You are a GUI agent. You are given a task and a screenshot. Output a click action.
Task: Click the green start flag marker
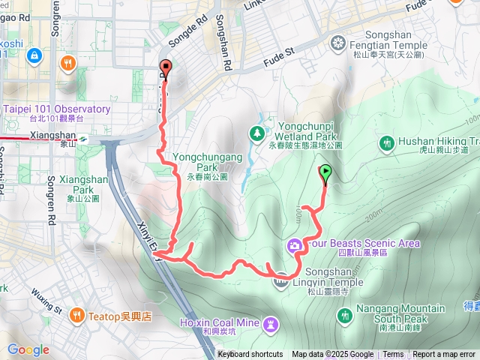[325, 175]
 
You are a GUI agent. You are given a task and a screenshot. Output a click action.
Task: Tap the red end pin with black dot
[165, 68]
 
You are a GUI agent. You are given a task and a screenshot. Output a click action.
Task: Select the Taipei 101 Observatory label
[57, 109]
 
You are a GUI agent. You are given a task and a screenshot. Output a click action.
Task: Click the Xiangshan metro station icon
[84, 138]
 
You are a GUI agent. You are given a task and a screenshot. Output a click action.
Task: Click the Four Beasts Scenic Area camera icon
[295, 244]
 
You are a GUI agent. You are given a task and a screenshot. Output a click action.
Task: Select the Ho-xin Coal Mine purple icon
[271, 322]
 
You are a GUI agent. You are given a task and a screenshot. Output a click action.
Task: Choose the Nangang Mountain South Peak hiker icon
[346, 316]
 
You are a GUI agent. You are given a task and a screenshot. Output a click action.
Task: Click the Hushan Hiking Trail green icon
[387, 142]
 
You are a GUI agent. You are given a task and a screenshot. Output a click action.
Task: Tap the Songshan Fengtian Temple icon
[340, 41]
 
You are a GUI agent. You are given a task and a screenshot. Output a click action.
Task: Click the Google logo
[28, 349]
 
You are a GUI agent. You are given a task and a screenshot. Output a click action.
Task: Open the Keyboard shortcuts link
[250, 355]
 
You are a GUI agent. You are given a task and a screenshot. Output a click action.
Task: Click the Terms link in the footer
[393, 355]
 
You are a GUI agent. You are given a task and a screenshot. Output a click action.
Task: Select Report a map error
[445, 355]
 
